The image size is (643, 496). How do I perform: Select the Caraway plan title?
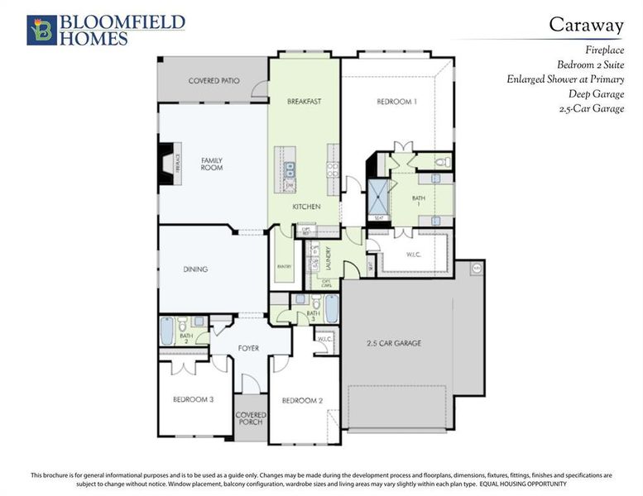[587, 24]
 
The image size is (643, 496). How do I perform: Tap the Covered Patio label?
[214, 81]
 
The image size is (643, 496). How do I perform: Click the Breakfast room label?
[304, 102]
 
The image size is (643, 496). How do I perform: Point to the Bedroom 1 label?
[396, 102]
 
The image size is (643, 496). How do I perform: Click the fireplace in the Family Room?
[168, 161]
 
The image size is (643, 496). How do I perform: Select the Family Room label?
[212, 164]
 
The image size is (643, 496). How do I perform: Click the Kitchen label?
[306, 207]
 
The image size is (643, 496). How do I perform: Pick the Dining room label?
[195, 269]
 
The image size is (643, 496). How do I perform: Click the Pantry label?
[281, 267]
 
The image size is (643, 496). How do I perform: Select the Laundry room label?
[329, 258]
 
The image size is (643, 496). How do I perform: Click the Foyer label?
[248, 348]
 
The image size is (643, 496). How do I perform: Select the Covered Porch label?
[250, 417]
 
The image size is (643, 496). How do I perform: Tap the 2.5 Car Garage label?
[395, 342]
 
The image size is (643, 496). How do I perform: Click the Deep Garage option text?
[596, 94]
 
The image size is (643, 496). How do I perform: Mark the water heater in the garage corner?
[476, 269]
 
